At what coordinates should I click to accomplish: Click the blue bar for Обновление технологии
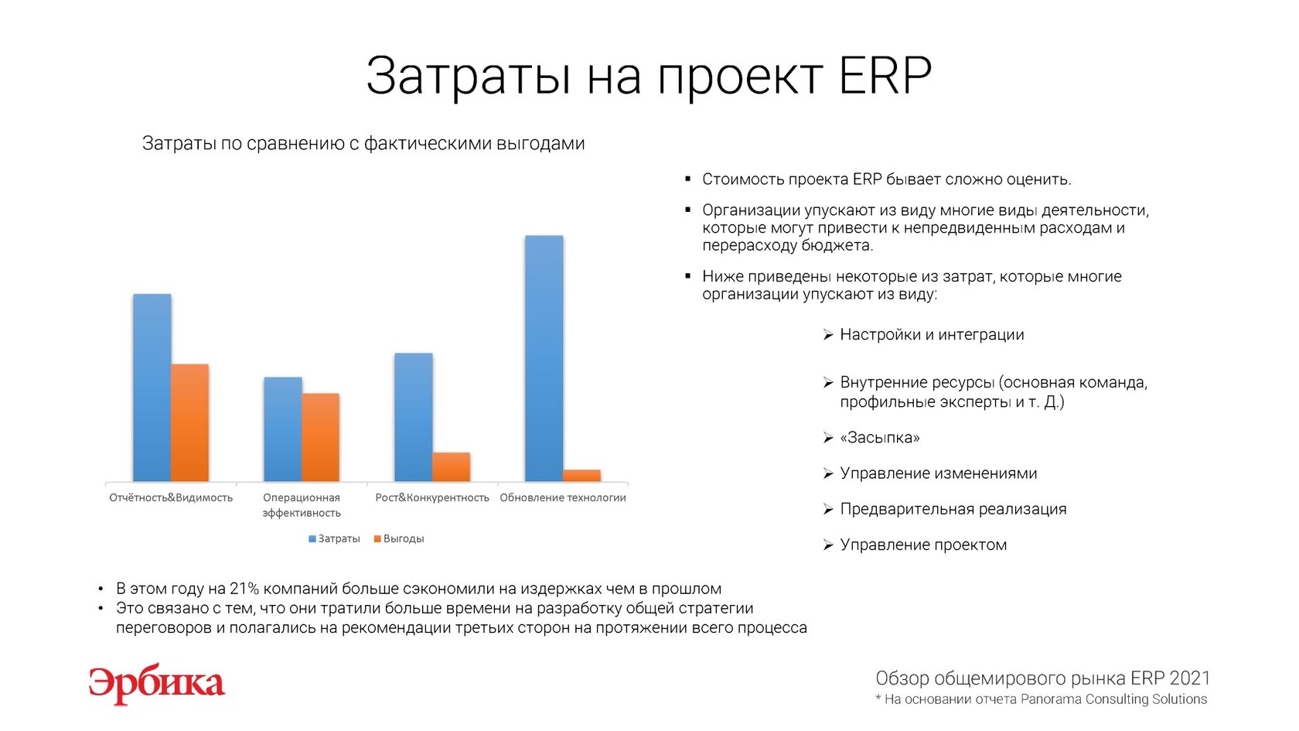pos(544,359)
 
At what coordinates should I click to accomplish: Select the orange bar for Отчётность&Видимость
pos(189,423)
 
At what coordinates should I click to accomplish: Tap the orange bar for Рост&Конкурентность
pos(452,467)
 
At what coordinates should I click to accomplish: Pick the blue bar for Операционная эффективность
pos(283,429)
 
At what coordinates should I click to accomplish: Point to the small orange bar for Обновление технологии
pos(581,476)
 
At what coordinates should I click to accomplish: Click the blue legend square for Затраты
pos(312,539)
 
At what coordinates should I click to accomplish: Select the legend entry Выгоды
pos(399,539)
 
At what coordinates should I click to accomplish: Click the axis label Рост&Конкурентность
pos(432,498)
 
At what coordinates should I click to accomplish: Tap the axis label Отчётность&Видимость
pos(171,498)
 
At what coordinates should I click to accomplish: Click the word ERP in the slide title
pos(885,76)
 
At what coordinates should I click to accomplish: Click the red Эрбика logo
pos(156,685)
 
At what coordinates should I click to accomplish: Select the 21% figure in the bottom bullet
pos(244,589)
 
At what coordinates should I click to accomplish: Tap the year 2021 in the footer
pos(1189,678)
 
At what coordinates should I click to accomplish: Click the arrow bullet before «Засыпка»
pos(828,438)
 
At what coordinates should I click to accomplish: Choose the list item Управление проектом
pos(923,545)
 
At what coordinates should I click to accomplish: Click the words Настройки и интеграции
pos(932,336)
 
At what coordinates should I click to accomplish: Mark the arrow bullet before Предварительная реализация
pos(828,509)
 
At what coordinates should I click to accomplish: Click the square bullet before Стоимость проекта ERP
pos(688,179)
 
